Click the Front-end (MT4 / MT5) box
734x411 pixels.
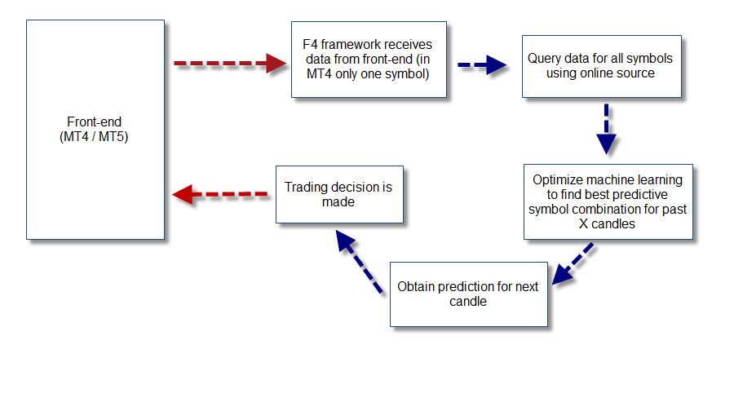[x=95, y=130]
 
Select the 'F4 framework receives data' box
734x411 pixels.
[x=369, y=60]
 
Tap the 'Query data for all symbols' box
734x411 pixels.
[x=602, y=67]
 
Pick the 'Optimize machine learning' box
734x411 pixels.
[x=608, y=201]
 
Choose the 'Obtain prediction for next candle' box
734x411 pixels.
[x=469, y=294]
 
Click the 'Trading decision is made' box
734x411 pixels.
[x=339, y=194]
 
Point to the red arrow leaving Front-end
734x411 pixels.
[x=230, y=63]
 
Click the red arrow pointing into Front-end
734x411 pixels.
[x=220, y=194]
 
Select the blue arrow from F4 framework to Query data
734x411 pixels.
[x=482, y=65]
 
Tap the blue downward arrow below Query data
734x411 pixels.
[x=606, y=129]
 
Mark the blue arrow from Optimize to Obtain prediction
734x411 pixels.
[x=573, y=263]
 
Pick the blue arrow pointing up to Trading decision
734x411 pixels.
[x=359, y=262]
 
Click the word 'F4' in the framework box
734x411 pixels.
[x=310, y=45]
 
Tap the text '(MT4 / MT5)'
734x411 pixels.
[x=94, y=137]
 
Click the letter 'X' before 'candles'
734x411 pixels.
[x=583, y=223]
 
